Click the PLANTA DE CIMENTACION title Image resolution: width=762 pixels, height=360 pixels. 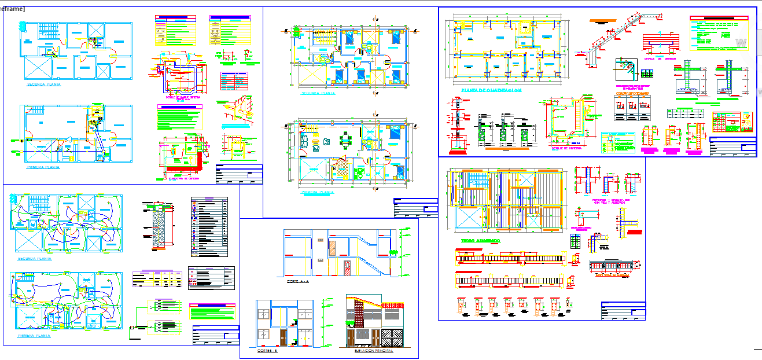(x=492, y=90)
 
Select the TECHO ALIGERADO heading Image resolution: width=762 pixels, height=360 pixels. (x=480, y=240)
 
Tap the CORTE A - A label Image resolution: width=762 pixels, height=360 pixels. (x=298, y=281)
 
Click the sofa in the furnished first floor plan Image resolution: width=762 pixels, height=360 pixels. (x=305, y=140)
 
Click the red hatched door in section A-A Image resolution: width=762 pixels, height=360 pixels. (x=347, y=269)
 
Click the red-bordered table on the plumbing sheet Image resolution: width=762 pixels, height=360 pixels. (x=233, y=81)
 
